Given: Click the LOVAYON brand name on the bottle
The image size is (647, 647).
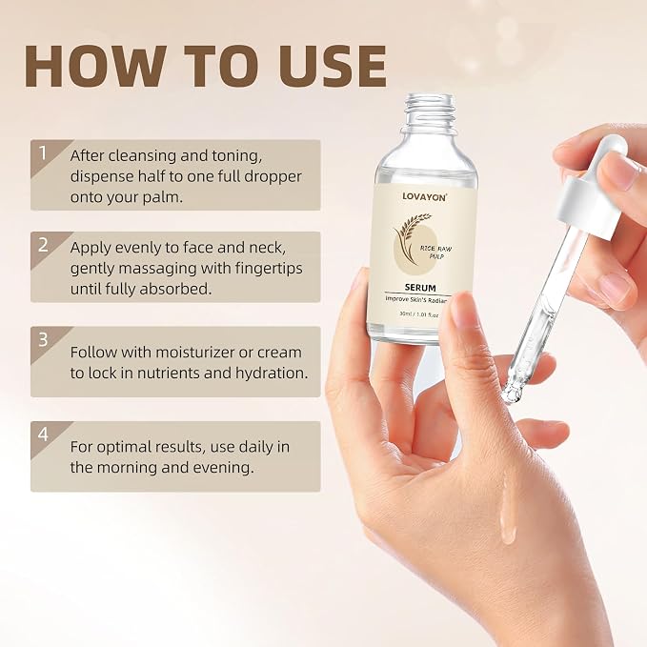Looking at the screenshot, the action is click(x=424, y=197).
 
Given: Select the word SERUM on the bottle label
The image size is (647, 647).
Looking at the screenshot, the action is click(x=420, y=288).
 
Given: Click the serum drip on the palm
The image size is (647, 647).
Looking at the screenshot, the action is click(x=507, y=509).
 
